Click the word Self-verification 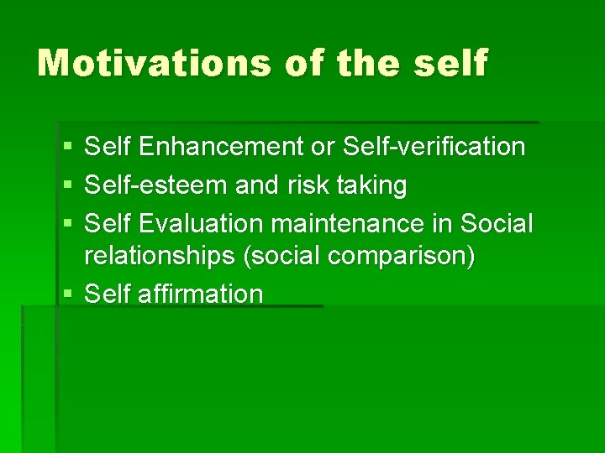(x=434, y=148)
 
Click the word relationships (x=160, y=256)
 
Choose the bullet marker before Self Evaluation (x=66, y=225)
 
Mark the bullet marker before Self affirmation (x=66, y=294)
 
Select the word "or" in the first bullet (x=323, y=148)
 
